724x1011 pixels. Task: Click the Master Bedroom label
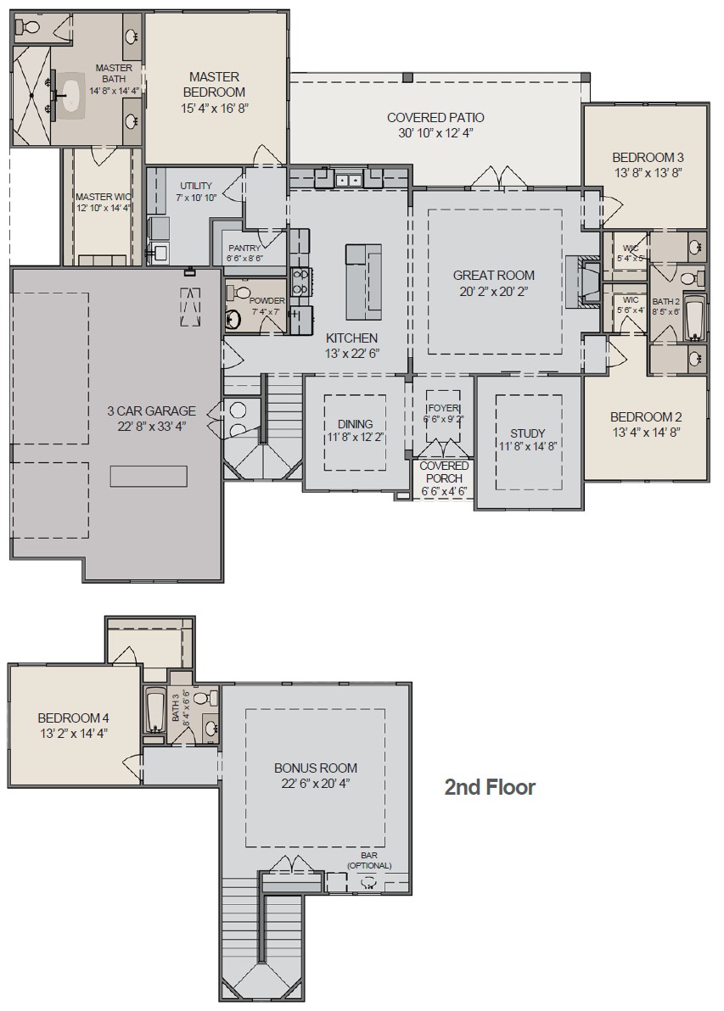[x=215, y=84]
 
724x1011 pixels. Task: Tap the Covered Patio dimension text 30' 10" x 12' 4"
[x=435, y=134]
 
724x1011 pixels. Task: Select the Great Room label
[x=493, y=275]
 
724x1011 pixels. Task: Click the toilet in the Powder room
[x=240, y=293]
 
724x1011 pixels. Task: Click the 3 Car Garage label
[x=151, y=411]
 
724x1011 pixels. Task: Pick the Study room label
[x=527, y=433]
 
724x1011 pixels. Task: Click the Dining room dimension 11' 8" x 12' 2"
[x=355, y=438]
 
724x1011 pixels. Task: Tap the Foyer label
[x=441, y=407]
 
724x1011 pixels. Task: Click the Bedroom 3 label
[x=648, y=158]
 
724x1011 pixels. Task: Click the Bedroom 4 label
[x=73, y=718]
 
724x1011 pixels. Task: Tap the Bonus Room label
[x=315, y=768]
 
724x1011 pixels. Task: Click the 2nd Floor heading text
[x=490, y=788]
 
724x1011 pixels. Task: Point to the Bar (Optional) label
[x=369, y=861]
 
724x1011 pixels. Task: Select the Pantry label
[x=244, y=248]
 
